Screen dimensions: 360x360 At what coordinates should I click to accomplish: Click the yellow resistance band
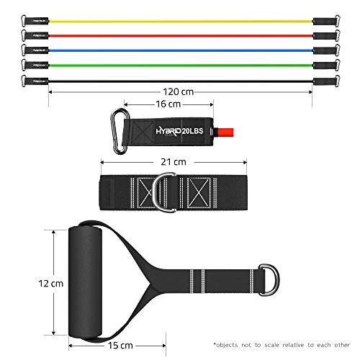tap(180, 17)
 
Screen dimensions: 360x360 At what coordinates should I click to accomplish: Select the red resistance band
tap(180, 34)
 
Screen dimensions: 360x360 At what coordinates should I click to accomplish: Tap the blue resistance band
tap(180, 50)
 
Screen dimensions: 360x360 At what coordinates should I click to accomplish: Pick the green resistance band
tap(180, 67)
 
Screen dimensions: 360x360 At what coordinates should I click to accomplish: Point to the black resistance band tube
tap(180, 83)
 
